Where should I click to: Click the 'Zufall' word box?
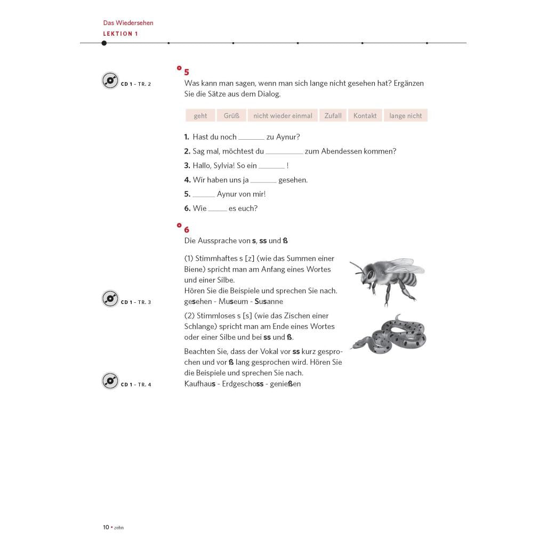tap(333, 116)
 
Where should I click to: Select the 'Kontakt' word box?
tap(365, 116)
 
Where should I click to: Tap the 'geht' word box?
tap(200, 116)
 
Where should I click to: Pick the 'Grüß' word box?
tap(231, 116)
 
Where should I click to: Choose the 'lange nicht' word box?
tap(405, 116)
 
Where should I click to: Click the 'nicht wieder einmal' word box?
tap(283, 116)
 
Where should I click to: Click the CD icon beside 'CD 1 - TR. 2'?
tap(110, 81)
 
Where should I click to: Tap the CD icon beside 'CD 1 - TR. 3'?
tap(110, 299)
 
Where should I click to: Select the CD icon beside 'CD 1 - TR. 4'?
tap(110, 381)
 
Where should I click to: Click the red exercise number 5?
tap(187, 72)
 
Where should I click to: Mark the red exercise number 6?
tap(187, 230)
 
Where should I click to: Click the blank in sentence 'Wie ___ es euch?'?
tap(218, 209)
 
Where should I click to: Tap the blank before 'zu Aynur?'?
tap(251, 138)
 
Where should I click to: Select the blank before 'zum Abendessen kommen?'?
tap(284, 152)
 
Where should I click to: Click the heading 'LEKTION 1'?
tap(121, 34)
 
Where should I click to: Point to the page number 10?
tap(106, 527)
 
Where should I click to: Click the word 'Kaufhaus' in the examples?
tap(200, 384)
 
